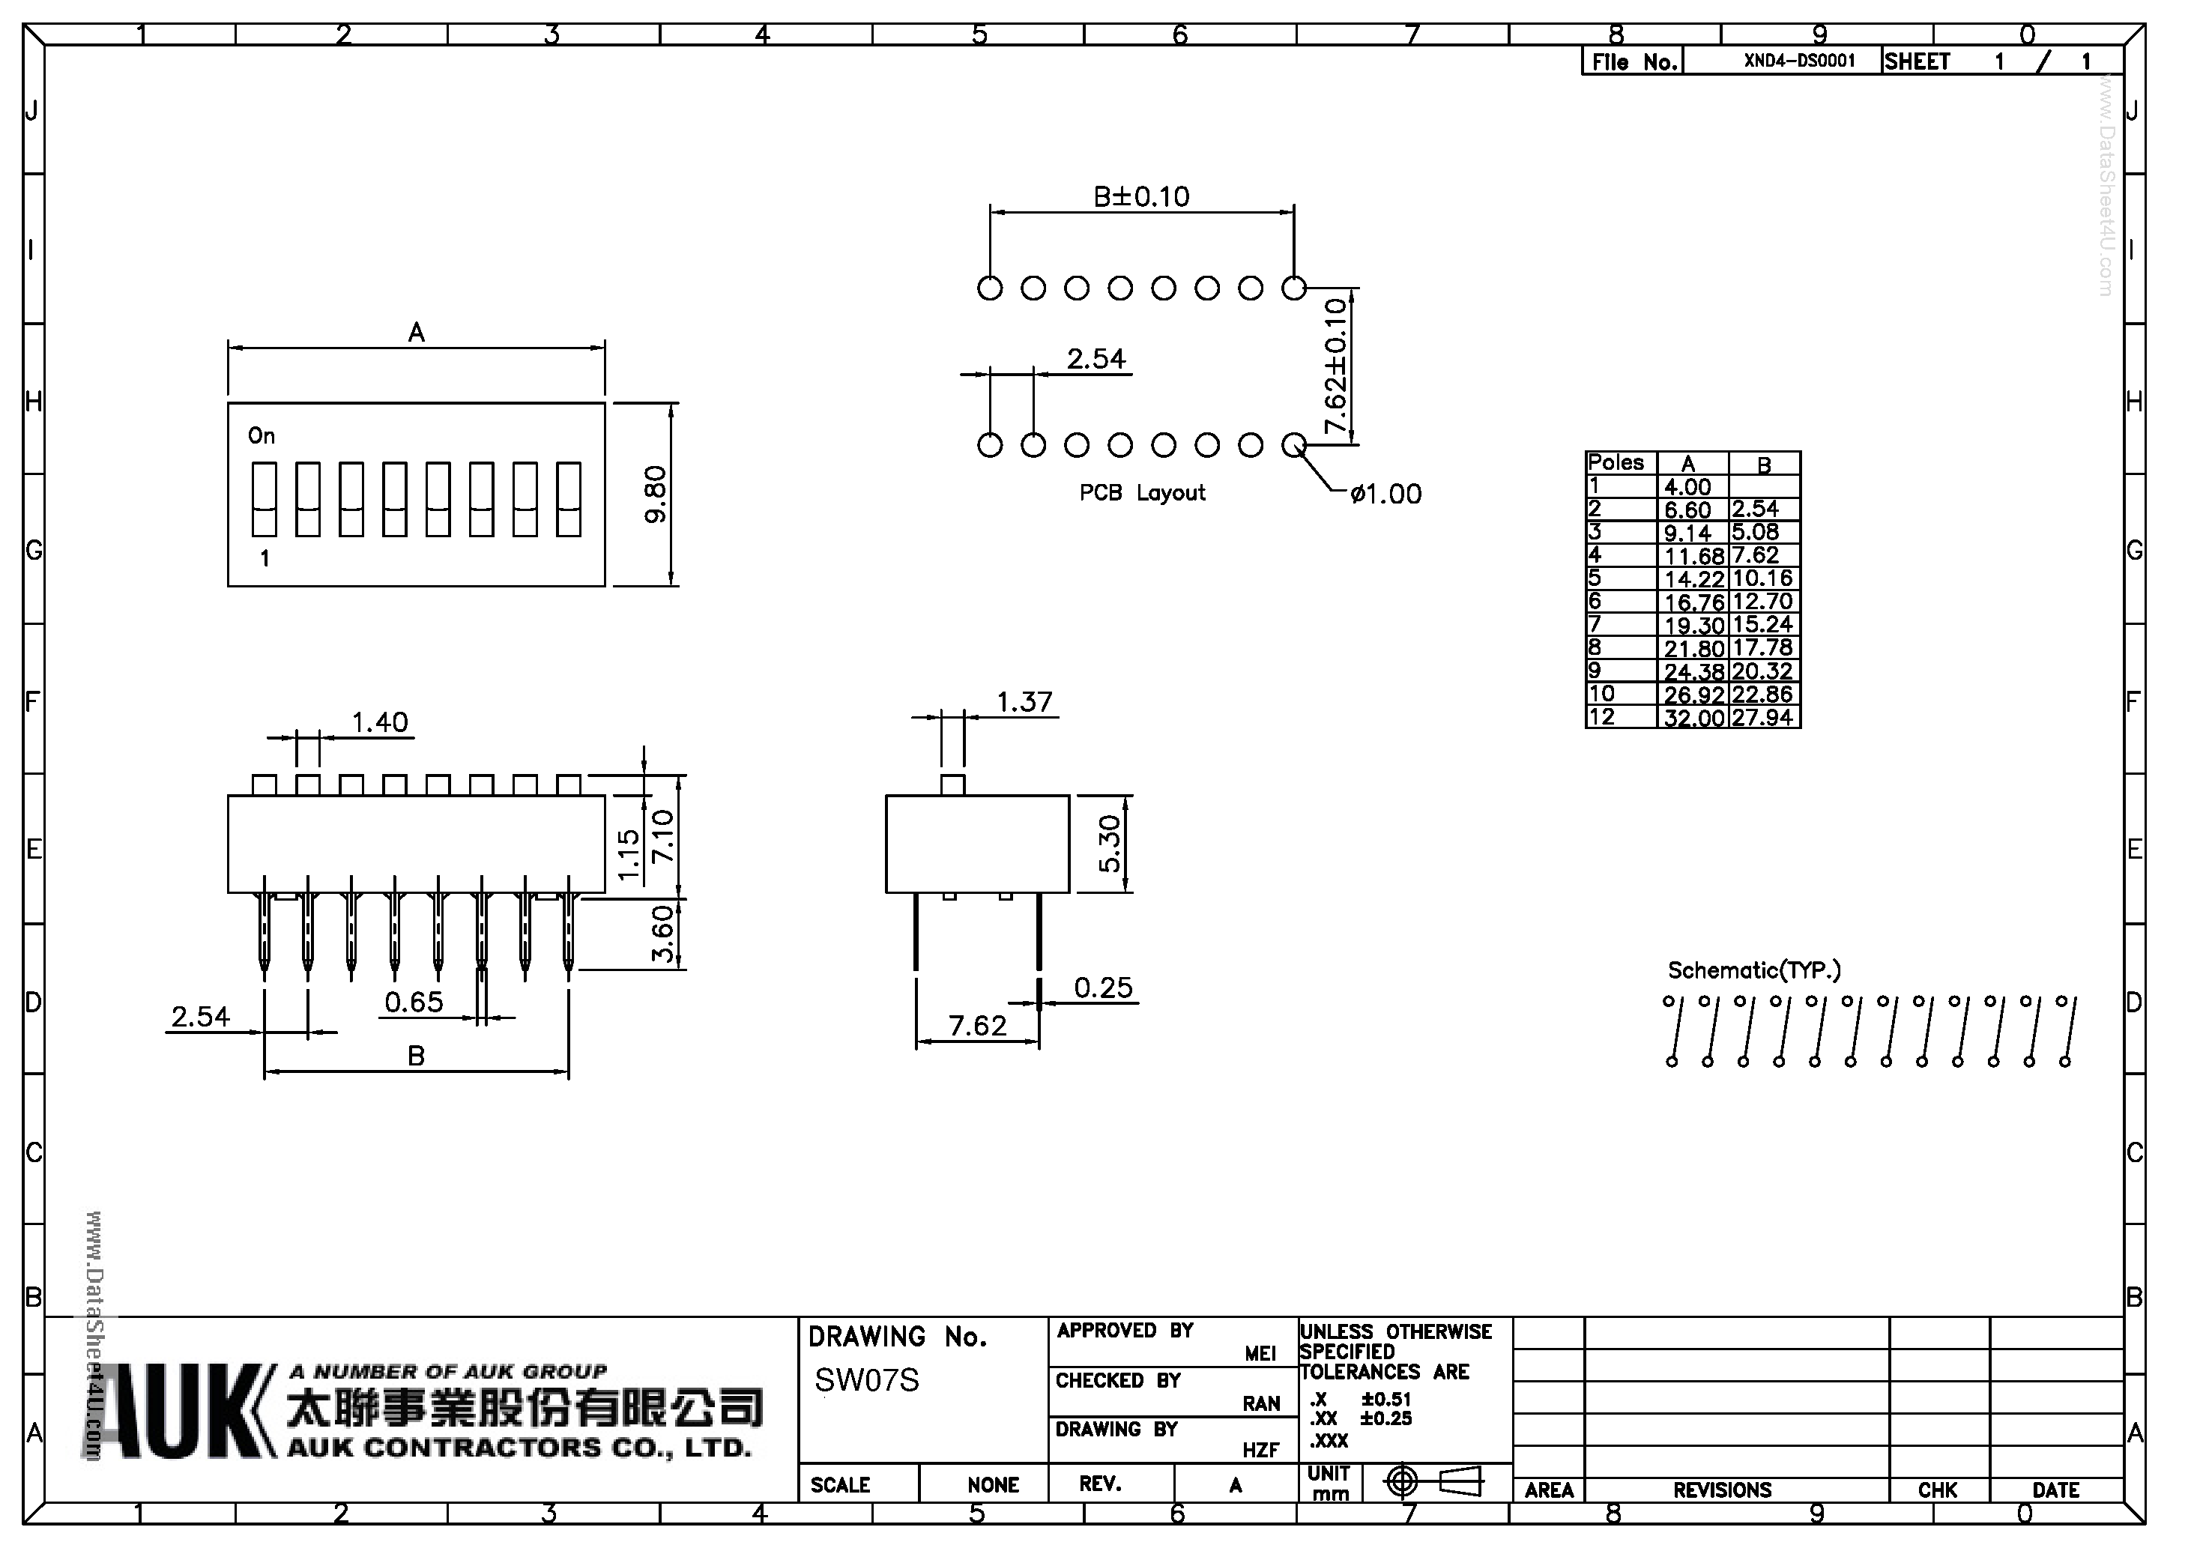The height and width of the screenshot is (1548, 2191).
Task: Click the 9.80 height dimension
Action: click(x=656, y=495)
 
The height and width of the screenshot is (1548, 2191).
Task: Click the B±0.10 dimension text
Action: click(x=1141, y=196)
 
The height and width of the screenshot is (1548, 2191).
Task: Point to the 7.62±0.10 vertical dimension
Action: click(x=1336, y=366)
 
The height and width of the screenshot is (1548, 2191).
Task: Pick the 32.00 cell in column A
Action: click(x=1693, y=718)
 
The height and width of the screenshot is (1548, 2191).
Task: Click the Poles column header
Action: click(x=1616, y=463)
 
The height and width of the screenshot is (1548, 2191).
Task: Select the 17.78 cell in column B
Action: click(x=1762, y=648)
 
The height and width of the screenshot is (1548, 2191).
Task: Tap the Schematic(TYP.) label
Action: click(x=1754, y=970)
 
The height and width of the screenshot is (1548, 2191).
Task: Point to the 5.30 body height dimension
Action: click(x=1110, y=844)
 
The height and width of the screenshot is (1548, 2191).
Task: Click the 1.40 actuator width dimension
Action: click(x=380, y=722)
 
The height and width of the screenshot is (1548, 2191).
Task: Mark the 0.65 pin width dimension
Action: click(x=414, y=1002)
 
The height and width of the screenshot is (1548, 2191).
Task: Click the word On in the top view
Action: click(x=262, y=436)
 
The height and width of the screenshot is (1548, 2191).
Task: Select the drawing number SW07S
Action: click(x=866, y=1380)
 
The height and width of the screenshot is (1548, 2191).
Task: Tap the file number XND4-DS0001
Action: click(x=1800, y=61)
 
